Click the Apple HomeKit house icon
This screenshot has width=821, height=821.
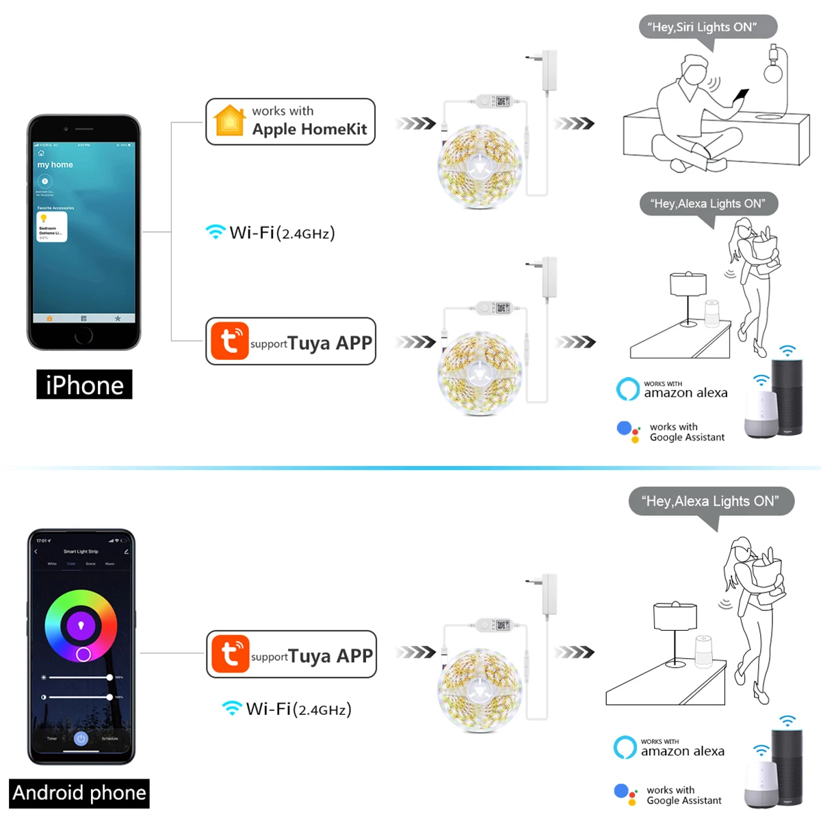click(229, 121)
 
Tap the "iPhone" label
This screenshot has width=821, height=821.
click(84, 385)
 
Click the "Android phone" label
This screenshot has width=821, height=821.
click(79, 793)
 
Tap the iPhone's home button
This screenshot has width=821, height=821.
click(83, 335)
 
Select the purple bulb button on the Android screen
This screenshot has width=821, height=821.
click(81, 625)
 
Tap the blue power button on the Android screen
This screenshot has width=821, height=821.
click(81, 738)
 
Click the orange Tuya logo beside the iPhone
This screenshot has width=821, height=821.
click(229, 341)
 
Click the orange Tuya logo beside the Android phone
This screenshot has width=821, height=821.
click(230, 654)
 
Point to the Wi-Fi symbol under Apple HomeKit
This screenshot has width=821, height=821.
click(216, 232)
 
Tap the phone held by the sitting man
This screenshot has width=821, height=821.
click(741, 96)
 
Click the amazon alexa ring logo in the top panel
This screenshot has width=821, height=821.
click(627, 389)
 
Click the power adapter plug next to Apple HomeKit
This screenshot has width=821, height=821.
click(549, 70)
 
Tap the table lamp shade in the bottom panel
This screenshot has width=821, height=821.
click(675, 616)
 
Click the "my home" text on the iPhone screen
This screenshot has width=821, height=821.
click(55, 165)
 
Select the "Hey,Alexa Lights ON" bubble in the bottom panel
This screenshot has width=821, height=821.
click(711, 501)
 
